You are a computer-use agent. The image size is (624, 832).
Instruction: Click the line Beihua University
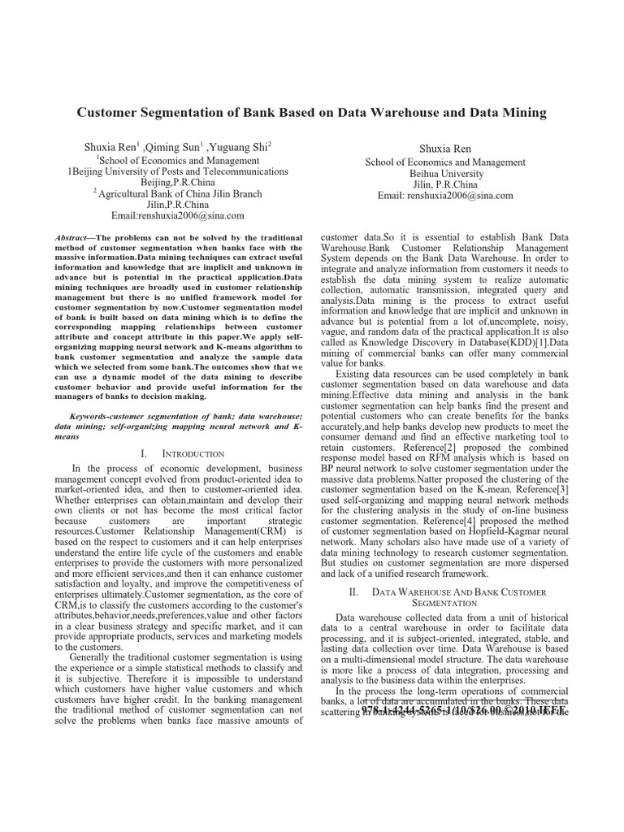coord(444,174)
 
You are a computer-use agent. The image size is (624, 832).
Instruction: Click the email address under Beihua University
coord(444,196)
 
